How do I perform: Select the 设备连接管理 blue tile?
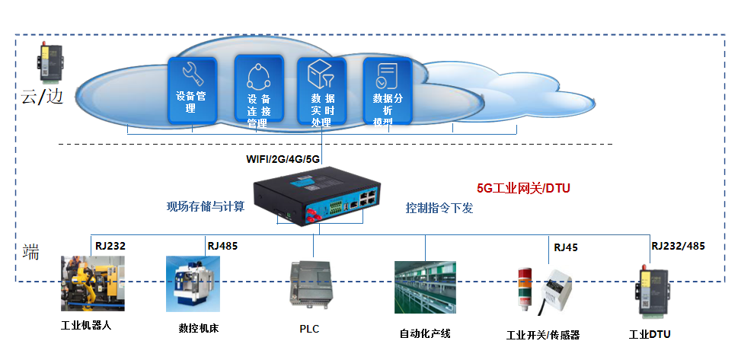(258, 90)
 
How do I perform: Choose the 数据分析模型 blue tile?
(387, 89)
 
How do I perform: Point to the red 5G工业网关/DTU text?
(523, 187)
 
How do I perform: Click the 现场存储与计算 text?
(206, 206)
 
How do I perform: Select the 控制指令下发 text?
(439, 207)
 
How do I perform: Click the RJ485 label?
(222, 246)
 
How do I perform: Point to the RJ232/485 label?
(677, 246)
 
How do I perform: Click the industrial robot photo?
(93, 284)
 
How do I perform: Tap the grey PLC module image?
(309, 285)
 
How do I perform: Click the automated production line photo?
(425, 287)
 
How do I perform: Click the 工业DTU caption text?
(649, 334)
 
